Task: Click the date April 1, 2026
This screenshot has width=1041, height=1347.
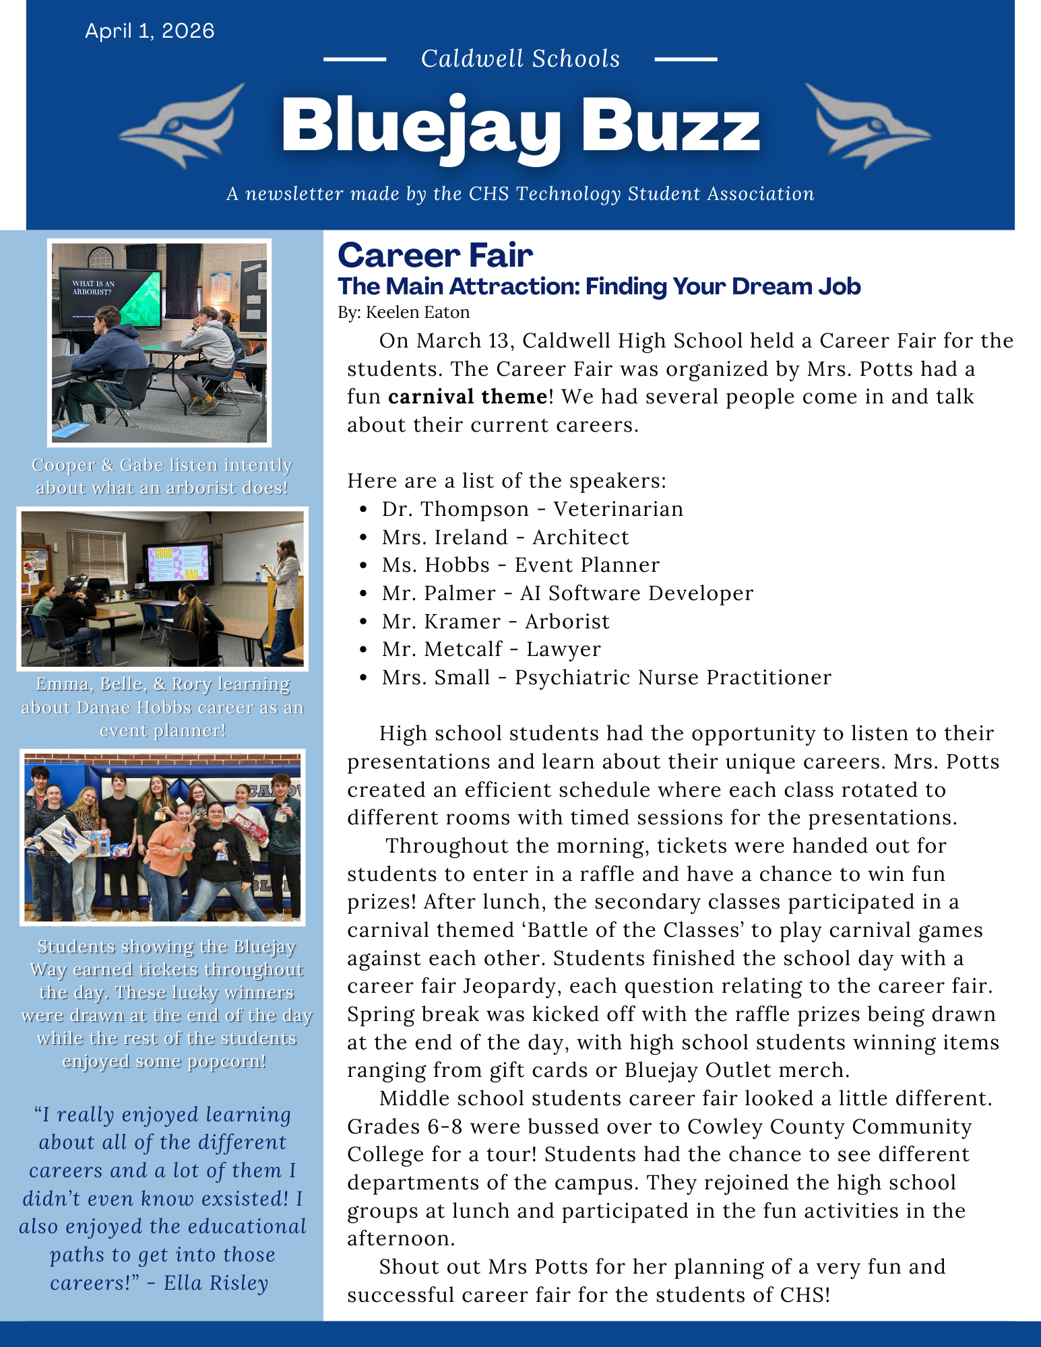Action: point(150,32)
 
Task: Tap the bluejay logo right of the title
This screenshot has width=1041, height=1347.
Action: point(866,125)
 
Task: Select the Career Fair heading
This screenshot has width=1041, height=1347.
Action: point(435,256)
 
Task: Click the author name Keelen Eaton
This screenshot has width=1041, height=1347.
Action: point(418,313)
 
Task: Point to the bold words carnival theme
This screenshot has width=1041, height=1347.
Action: point(468,397)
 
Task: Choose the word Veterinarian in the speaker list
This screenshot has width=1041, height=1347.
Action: point(618,509)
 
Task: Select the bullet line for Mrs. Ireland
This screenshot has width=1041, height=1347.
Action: point(505,537)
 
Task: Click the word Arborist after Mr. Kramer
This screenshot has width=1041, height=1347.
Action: point(567,622)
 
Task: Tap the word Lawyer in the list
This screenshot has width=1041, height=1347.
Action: point(563,649)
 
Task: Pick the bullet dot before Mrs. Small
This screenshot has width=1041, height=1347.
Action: point(364,678)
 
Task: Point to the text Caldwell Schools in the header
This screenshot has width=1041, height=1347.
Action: point(520,59)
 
